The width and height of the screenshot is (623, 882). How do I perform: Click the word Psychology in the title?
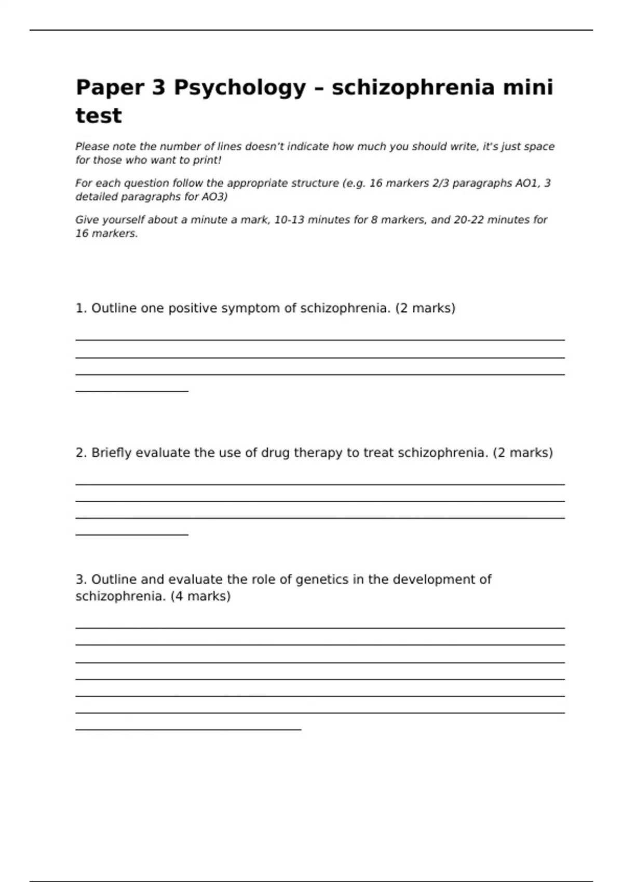(239, 88)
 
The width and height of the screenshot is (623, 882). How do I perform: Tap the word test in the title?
(99, 116)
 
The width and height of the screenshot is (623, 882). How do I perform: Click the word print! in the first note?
(207, 160)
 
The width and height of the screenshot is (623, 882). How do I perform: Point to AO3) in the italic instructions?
(214, 197)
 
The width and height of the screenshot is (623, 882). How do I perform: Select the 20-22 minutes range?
(493, 220)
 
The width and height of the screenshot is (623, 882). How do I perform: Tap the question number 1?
(80, 308)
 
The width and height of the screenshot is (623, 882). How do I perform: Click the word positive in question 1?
(193, 308)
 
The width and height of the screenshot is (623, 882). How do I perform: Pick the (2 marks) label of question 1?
(425, 308)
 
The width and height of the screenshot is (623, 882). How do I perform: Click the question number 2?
(80, 453)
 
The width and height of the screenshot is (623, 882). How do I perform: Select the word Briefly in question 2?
(112, 453)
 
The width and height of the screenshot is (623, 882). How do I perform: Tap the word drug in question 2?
(275, 453)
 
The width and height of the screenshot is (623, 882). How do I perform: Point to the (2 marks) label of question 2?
(523, 453)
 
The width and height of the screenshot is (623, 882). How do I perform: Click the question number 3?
(80, 580)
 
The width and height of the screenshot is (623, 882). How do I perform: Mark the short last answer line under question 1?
(132, 391)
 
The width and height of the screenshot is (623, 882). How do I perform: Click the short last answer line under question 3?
(188, 729)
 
